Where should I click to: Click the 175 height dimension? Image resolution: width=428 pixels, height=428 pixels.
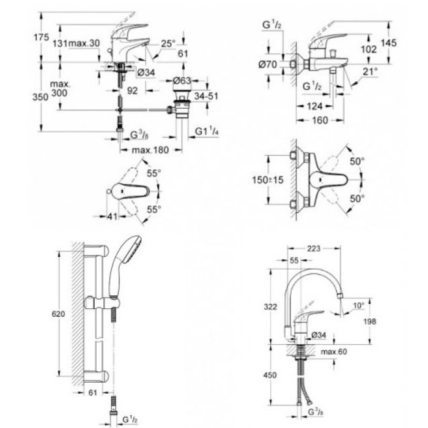click(x=42, y=37)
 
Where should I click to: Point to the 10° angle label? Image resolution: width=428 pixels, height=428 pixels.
click(x=358, y=304)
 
